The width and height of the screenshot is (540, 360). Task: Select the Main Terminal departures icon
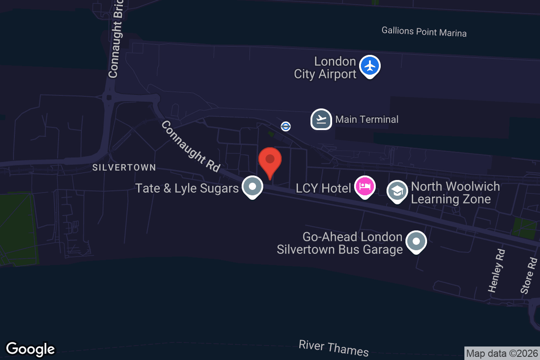click(x=321, y=119)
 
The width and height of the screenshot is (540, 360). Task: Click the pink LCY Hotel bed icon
click(x=364, y=186)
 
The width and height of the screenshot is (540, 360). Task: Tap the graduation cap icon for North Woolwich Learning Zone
click(x=397, y=191)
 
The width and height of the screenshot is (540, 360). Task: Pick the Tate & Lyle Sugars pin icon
click(x=252, y=186)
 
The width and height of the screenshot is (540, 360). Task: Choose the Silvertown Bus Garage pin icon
click(x=416, y=242)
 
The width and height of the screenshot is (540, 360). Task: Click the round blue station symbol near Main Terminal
click(x=286, y=126)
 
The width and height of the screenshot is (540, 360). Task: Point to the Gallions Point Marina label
click(x=424, y=32)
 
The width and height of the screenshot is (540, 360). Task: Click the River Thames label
click(x=333, y=348)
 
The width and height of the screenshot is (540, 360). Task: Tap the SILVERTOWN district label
click(x=124, y=167)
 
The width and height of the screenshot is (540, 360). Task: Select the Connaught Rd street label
click(x=190, y=146)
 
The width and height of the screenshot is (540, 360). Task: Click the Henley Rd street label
click(x=496, y=271)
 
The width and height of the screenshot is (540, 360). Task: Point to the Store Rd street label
click(x=529, y=275)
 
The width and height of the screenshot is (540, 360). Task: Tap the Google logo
click(x=31, y=349)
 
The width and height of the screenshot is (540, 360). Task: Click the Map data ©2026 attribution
click(x=502, y=354)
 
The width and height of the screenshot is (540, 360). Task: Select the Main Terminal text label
click(x=367, y=119)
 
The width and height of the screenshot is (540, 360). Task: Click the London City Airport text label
click(x=325, y=67)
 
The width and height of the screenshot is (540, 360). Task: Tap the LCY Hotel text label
click(x=323, y=188)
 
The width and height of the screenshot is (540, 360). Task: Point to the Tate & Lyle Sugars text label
click(x=187, y=188)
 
